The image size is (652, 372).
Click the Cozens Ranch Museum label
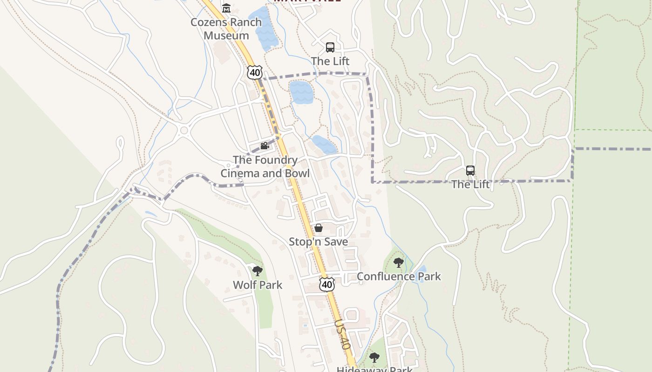click(x=226, y=29)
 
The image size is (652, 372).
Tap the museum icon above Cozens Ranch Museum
click(x=226, y=8)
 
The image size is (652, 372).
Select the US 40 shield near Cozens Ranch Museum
click(x=255, y=72)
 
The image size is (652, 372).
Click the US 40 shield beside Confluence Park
click(x=327, y=284)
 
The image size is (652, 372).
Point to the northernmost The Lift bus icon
click(x=330, y=47)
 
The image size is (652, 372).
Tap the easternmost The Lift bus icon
click(x=470, y=171)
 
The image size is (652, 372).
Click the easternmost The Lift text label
click(x=470, y=184)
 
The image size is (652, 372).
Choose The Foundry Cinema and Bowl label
click(x=265, y=166)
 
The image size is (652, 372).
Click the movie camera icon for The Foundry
click(x=265, y=146)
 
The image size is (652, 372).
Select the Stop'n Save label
click(x=319, y=242)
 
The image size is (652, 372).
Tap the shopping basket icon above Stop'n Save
click(x=319, y=228)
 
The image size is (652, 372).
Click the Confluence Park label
click(x=399, y=276)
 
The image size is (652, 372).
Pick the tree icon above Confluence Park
click(x=398, y=263)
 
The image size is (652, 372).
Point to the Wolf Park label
click(x=258, y=285)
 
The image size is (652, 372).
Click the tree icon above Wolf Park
click(x=257, y=271)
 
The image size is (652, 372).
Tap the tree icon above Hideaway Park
click(x=374, y=358)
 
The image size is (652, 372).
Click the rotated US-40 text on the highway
click(x=342, y=334)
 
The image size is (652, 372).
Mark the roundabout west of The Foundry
click(x=184, y=130)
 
